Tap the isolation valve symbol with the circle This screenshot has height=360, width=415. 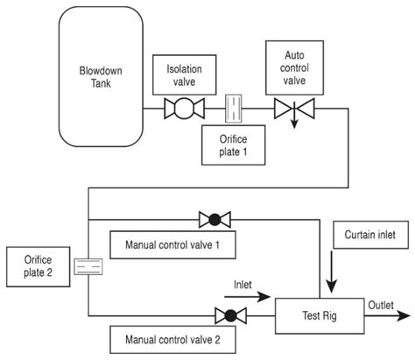[184, 109]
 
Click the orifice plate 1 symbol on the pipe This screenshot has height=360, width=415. [234, 109]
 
